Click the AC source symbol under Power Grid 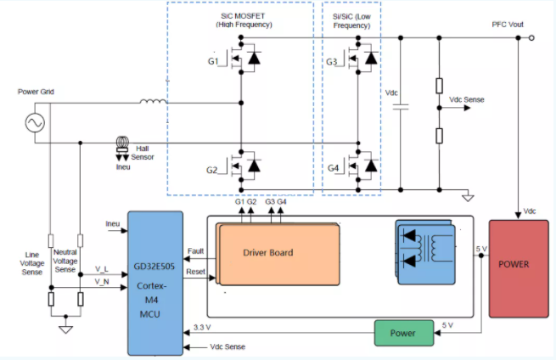click(35, 123)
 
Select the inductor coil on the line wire click(153, 101)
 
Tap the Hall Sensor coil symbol click(123, 143)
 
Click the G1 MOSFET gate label click(213, 61)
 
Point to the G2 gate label click(211, 170)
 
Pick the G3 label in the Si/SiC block click(332, 62)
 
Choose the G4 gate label click(333, 168)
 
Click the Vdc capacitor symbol click(401, 107)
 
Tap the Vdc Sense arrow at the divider click(455, 108)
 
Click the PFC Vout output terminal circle click(531, 37)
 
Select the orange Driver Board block click(278, 254)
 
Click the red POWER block click(519, 268)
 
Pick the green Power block click(404, 333)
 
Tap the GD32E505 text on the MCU click(154, 267)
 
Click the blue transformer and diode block click(425, 252)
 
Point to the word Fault click(195, 251)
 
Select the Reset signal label click(196, 272)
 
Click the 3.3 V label click(202, 327)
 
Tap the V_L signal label click(102, 269)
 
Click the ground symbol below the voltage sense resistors click(65, 329)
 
